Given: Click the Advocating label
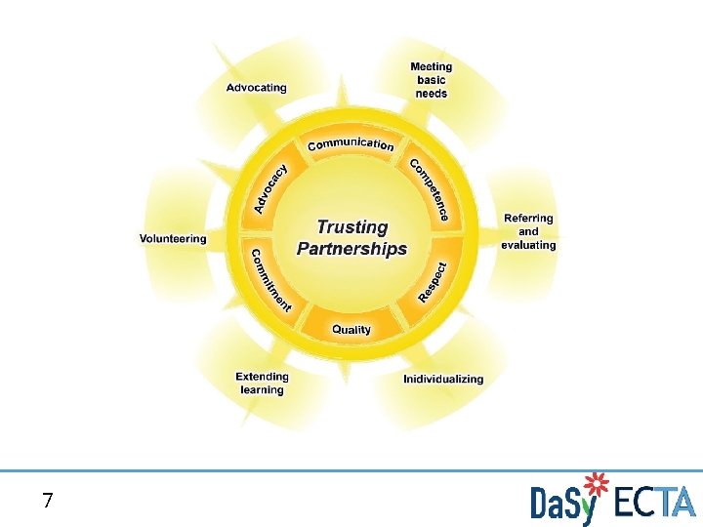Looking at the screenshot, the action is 257,87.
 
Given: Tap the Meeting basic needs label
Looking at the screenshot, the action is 431,80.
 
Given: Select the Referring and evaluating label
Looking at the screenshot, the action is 528,231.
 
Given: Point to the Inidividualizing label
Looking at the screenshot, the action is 443,379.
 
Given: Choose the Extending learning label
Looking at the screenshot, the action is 262,383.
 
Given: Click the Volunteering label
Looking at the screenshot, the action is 173,238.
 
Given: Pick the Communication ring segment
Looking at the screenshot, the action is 351,144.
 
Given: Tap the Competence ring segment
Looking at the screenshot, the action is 430,189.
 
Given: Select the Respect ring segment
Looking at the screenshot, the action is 433,281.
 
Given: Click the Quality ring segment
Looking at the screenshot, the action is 351,330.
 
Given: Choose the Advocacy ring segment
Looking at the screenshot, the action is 270,188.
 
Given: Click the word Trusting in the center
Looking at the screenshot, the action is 351,227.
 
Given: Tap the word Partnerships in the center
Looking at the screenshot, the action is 351,249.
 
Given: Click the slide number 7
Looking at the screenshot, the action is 48,502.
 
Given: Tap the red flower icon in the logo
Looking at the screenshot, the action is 595,484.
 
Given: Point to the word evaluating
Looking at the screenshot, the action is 528,245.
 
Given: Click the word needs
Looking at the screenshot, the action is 431,94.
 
